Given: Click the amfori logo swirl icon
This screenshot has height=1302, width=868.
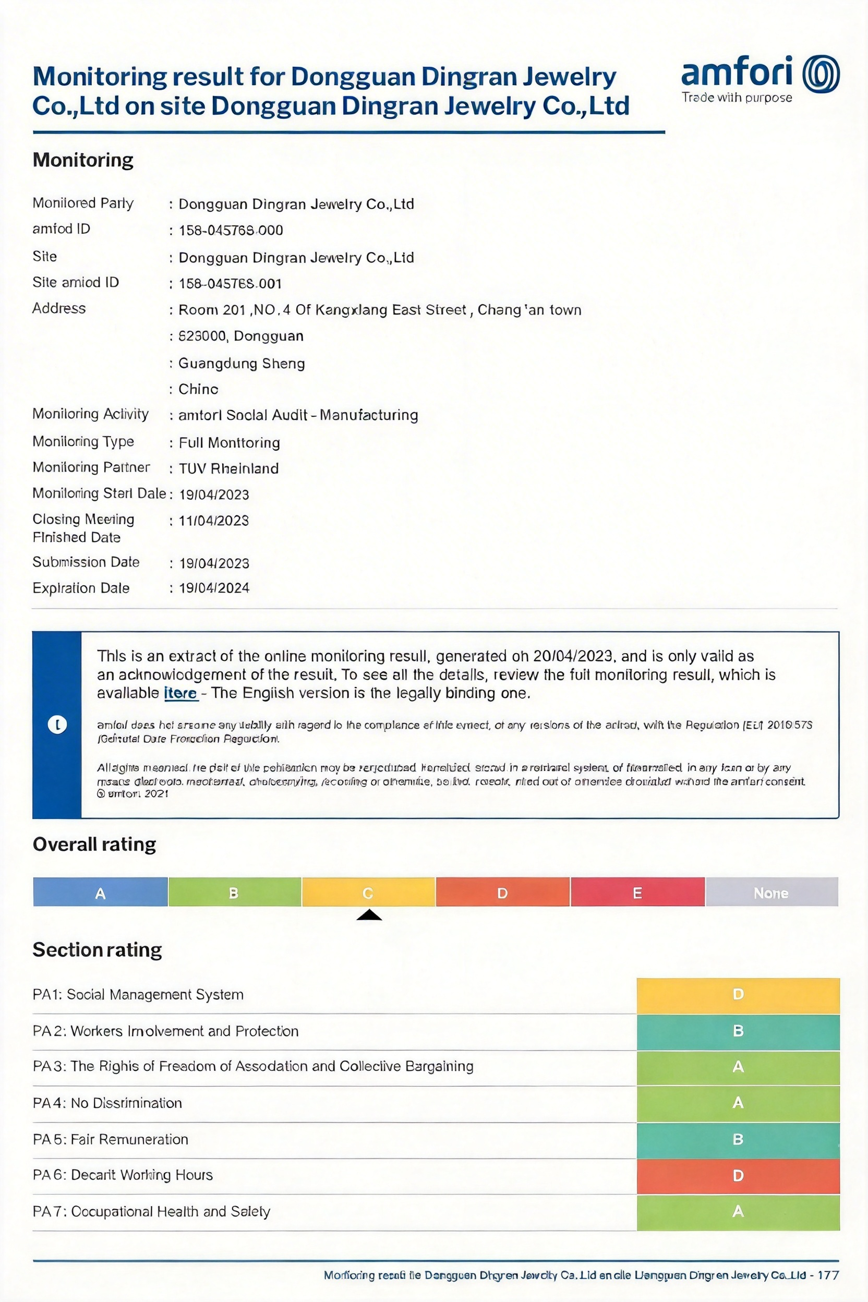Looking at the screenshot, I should click(x=821, y=74).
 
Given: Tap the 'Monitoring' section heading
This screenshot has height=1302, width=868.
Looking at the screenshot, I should click(x=83, y=160).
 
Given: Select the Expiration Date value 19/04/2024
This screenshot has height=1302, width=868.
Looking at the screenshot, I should click(x=214, y=588).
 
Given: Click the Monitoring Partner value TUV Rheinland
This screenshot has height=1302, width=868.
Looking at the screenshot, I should click(x=228, y=468).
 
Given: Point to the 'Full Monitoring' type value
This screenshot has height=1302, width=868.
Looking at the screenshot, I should click(x=229, y=442).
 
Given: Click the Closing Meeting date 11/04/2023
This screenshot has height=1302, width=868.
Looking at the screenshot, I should click(x=214, y=521).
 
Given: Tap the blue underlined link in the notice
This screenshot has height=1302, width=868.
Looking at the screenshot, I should click(x=180, y=693).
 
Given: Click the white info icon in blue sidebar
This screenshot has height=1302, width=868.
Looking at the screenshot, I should click(x=57, y=724).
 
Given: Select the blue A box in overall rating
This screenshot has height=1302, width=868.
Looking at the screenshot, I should click(x=100, y=893).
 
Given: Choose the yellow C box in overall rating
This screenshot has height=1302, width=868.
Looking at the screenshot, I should click(x=368, y=893).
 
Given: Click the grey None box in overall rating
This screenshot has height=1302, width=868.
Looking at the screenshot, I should click(x=771, y=893).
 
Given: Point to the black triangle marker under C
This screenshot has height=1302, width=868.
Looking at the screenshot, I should click(x=369, y=915).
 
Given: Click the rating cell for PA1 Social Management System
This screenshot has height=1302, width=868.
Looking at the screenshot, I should click(x=738, y=994).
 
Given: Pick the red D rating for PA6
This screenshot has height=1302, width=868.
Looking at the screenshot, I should click(x=738, y=1175).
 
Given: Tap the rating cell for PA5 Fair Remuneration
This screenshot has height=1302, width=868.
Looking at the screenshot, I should click(x=738, y=1139).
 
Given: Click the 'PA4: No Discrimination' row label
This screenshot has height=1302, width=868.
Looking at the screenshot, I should click(x=107, y=1103).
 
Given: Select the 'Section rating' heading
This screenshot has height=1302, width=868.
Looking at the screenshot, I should click(x=97, y=950).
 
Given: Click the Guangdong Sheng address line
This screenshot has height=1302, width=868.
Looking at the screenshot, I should click(x=242, y=363).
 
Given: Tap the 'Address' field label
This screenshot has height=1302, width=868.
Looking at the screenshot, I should click(x=59, y=308).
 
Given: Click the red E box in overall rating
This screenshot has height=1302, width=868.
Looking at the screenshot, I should click(x=637, y=893).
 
